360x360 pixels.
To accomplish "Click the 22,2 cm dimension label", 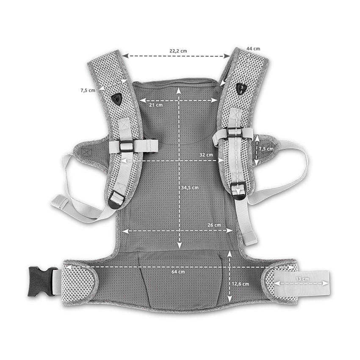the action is [178, 51].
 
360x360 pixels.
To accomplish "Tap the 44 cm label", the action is [253, 49].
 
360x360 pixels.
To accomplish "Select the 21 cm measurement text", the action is [156, 105].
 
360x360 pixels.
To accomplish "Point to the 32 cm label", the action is [206, 155].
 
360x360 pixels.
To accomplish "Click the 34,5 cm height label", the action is [190, 188].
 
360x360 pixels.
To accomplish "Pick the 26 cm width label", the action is [214, 225].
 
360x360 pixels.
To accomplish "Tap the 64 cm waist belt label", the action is [178, 272].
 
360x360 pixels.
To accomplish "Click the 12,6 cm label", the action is [240, 284].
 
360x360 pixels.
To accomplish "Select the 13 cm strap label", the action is [302, 279].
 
